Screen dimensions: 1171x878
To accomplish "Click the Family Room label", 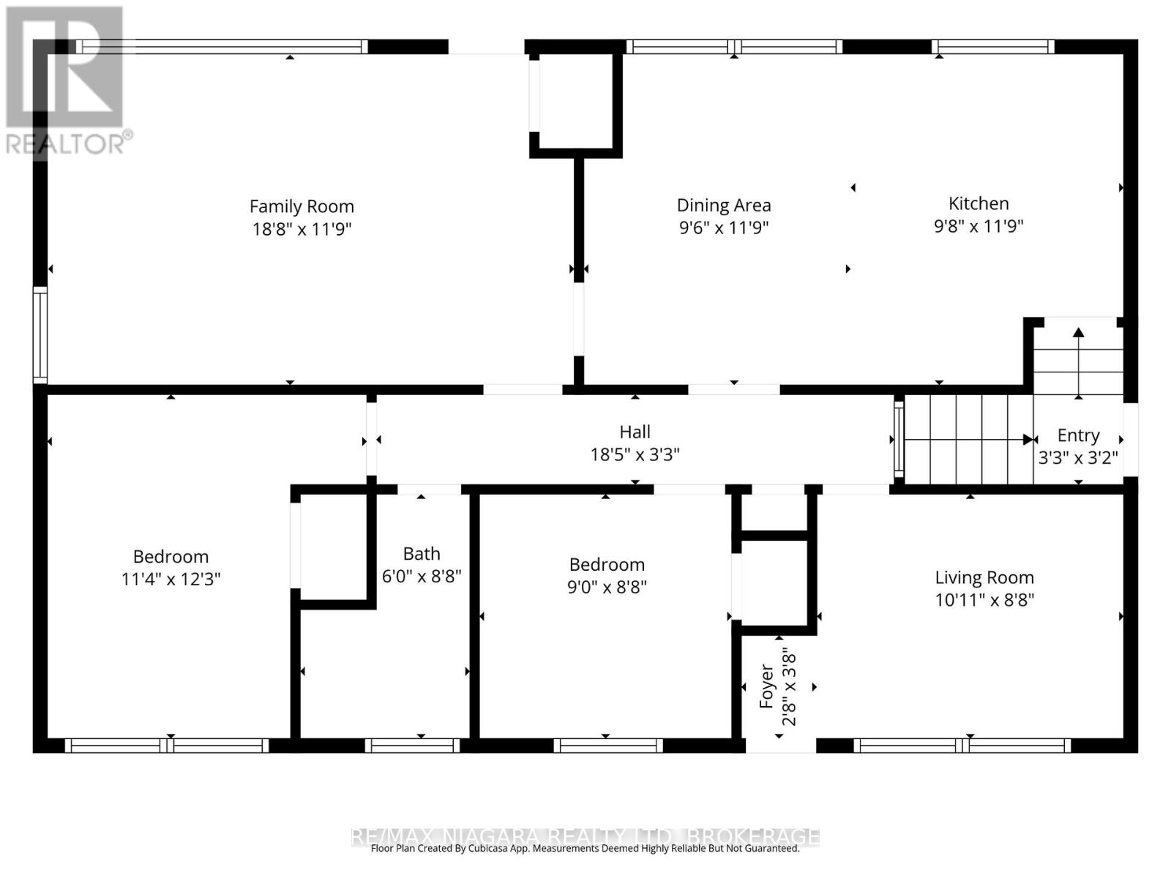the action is coord(302,206).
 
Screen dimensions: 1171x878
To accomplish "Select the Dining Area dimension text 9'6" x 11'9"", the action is coord(723,228).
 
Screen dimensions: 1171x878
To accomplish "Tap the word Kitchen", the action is coord(979,203).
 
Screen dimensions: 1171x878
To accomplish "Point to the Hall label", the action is coord(635,431).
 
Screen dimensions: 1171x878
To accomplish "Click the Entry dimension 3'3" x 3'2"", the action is coord(1077,457).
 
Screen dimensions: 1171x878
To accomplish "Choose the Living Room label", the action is coord(984,577).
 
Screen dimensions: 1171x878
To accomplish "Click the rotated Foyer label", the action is coord(766,686).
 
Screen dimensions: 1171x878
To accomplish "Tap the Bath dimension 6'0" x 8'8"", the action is coord(422,576).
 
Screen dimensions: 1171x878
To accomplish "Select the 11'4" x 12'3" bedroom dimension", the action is coord(171,579).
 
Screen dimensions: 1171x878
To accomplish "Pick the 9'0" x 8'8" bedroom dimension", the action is coord(607,587).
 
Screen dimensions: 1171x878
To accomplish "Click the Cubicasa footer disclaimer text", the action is coord(585,849).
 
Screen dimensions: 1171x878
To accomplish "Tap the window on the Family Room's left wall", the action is coord(40,335).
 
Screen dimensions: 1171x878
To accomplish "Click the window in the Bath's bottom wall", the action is coord(412,746).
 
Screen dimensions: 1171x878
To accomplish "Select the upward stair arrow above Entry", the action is coord(1078,362).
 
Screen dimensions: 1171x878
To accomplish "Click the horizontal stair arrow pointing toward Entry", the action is coord(968,440).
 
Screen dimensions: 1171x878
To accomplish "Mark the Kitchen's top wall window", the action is coord(993,47).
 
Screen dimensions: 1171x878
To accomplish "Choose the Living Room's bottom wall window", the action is coord(962,746).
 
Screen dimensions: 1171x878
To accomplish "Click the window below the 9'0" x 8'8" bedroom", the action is coord(607,746).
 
